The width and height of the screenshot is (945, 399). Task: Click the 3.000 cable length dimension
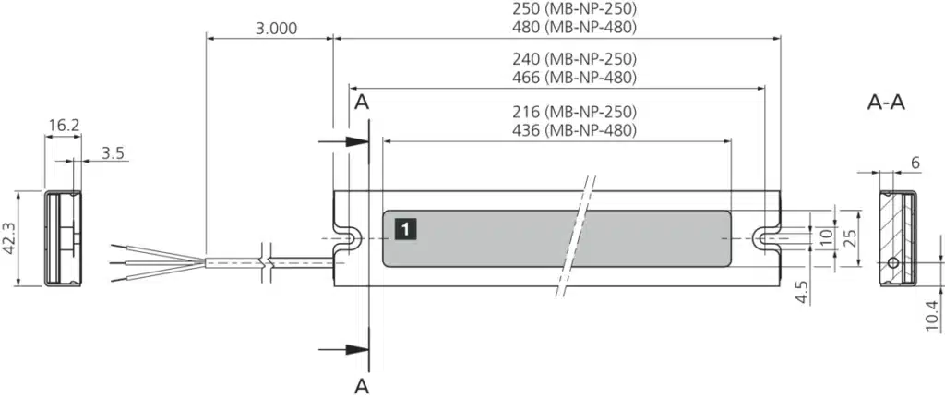point(276,28)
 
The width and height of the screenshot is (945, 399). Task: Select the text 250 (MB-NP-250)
point(576,9)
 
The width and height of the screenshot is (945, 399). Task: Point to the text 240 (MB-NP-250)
point(576,60)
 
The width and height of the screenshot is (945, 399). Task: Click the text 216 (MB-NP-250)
point(576,113)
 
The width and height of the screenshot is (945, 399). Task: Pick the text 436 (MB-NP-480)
point(576,130)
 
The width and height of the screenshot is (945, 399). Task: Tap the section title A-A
point(886,103)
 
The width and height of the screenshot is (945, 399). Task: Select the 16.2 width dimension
point(63,125)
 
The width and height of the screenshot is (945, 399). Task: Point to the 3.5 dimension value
point(113,153)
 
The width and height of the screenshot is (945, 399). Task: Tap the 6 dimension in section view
point(915,163)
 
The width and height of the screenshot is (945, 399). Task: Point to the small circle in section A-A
point(893,263)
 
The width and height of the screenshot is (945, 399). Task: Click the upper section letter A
point(362,102)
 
